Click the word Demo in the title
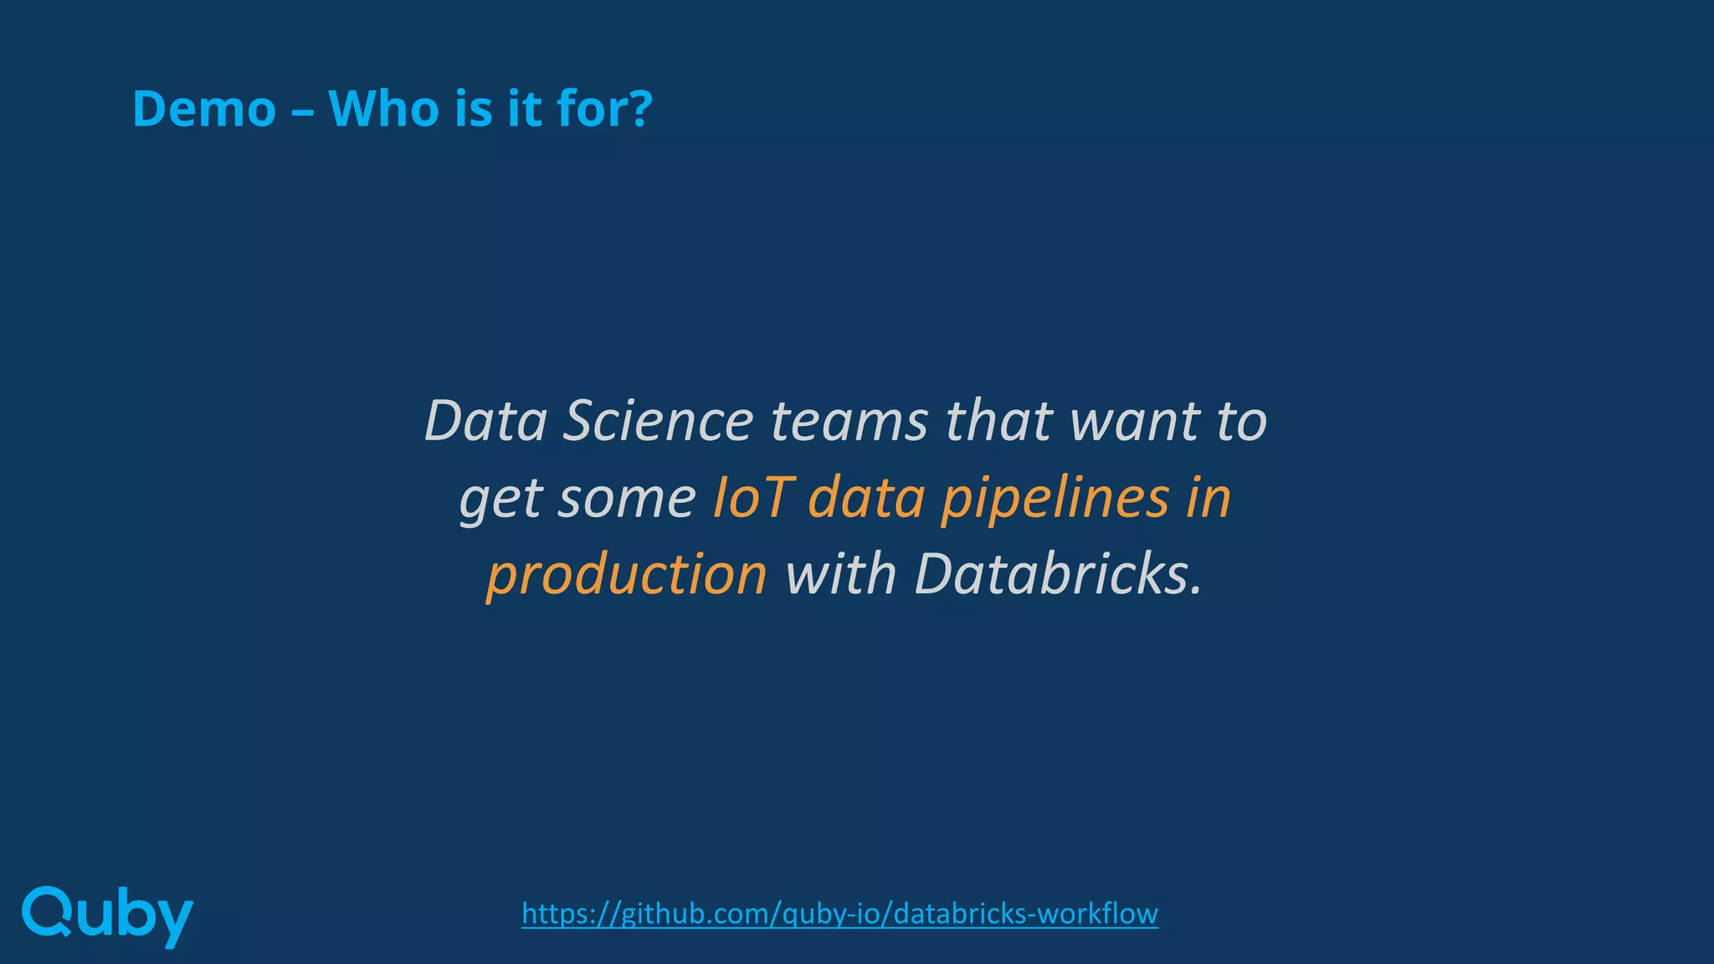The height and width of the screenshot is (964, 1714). pos(204,109)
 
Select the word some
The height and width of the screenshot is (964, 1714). pos(627,498)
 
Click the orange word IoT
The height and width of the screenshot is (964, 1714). pos(751,498)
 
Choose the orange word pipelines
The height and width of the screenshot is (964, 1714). pos(1055,500)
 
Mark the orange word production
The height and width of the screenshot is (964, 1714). pos(627,576)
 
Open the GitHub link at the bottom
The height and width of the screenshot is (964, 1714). pos(839,913)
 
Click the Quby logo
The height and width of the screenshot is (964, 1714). pos(107,915)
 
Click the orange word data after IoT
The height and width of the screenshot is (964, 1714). pos(866,498)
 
